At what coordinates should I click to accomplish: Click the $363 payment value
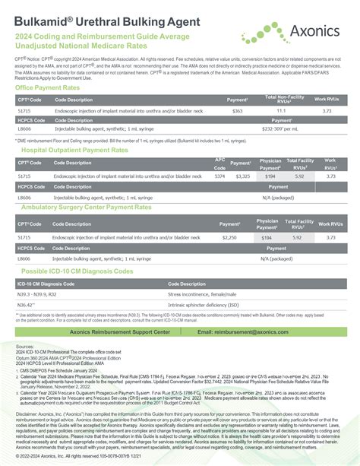click(x=238, y=111)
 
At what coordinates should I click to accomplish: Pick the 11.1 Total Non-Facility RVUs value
click(x=280, y=111)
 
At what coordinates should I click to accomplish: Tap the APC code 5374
click(x=219, y=176)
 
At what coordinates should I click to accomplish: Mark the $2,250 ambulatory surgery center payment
click(x=230, y=238)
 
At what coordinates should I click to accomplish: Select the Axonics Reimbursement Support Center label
click(x=119, y=332)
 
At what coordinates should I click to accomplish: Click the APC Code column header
click(x=219, y=163)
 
